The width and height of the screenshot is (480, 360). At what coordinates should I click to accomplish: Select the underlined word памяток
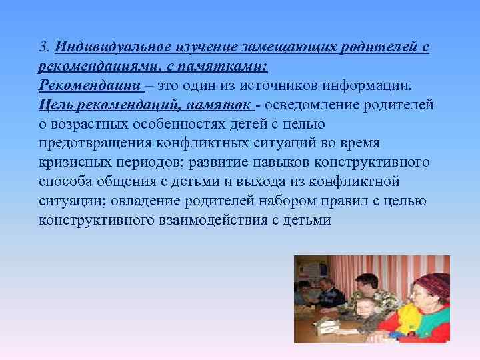(x=220, y=105)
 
